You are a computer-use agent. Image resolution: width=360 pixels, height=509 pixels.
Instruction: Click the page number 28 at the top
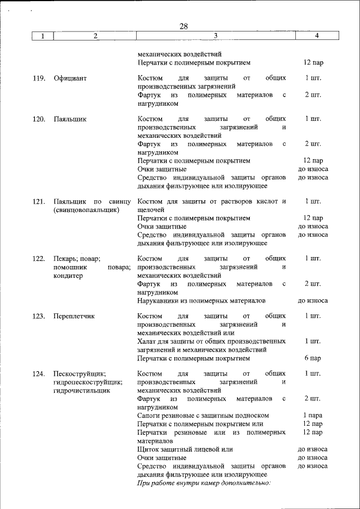(x=183, y=26)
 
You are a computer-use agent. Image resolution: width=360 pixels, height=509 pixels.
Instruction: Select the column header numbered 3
(x=215, y=36)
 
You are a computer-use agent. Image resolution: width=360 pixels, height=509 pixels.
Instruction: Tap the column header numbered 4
(x=317, y=36)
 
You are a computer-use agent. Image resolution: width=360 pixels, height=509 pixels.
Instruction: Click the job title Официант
(x=70, y=78)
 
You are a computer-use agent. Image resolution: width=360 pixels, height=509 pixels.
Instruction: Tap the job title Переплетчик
(x=74, y=316)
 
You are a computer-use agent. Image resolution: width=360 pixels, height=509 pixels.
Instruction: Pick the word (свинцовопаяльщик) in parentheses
(x=86, y=210)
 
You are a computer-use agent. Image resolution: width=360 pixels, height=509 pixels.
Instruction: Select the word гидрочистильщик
(x=82, y=390)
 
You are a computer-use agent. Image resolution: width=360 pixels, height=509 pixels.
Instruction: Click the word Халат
(x=147, y=341)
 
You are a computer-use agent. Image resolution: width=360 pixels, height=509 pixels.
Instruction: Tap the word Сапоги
(x=150, y=416)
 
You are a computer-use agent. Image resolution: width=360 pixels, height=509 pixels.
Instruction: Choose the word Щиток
(x=149, y=449)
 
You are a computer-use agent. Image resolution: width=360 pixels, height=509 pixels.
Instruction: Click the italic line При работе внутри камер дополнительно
(x=204, y=483)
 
